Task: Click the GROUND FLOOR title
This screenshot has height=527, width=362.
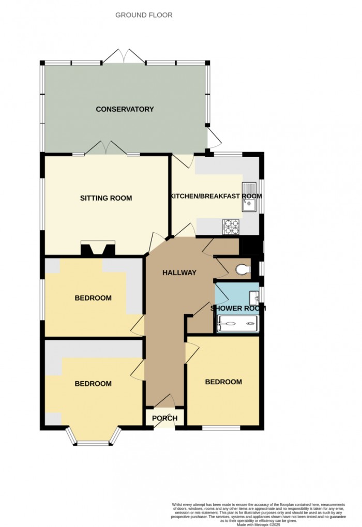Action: point(144,15)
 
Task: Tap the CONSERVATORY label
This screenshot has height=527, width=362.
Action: point(125,109)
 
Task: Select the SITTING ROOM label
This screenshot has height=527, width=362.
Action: point(106,198)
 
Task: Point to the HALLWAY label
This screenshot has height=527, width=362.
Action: point(179,273)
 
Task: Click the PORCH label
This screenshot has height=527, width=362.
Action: point(164,418)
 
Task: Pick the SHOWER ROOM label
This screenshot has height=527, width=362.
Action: point(238,308)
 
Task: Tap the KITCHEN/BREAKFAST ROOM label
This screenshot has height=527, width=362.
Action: point(217,196)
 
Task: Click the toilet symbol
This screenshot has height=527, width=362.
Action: point(243,269)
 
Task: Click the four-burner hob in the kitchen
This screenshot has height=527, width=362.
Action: point(231,227)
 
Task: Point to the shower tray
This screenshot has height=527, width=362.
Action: point(238,324)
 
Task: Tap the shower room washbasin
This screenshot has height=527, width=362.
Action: point(254,297)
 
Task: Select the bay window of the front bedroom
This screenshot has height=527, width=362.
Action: point(93,437)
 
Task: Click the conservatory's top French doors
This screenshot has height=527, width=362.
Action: point(124,56)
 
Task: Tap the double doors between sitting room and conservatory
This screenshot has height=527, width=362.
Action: point(106,148)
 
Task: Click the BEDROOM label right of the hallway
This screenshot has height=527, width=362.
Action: point(223,382)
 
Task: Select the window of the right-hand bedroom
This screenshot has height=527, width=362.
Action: point(221,428)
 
